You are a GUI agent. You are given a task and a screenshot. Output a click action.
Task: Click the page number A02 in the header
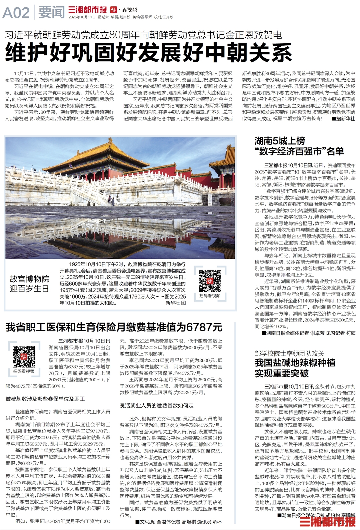tap(16, 13)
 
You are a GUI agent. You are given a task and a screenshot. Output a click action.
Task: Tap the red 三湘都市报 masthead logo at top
tap(87, 10)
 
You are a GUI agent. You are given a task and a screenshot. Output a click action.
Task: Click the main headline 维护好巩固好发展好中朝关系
tap(148, 52)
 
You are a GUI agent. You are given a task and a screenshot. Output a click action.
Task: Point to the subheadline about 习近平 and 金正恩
tap(143, 35)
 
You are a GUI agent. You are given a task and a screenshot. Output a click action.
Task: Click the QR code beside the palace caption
tap(210, 281)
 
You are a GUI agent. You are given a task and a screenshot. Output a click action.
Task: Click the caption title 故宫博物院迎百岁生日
tap(29, 284)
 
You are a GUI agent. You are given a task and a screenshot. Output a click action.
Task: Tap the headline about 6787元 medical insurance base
tap(114, 327)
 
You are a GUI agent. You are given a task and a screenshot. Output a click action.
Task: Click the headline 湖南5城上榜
tap(280, 141)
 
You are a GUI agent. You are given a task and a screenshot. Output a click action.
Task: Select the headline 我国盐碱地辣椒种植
tap(295, 363)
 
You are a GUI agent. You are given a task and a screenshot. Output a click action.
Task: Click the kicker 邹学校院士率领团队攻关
tap(289, 353)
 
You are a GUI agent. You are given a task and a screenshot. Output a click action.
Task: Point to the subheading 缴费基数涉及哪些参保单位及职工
tap(45, 399)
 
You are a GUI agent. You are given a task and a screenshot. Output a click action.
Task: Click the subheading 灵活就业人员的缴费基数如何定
tap(157, 406)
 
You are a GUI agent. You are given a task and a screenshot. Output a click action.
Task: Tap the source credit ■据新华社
tap(343, 118)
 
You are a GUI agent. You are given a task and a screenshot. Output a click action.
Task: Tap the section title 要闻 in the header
tap(51, 13)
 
